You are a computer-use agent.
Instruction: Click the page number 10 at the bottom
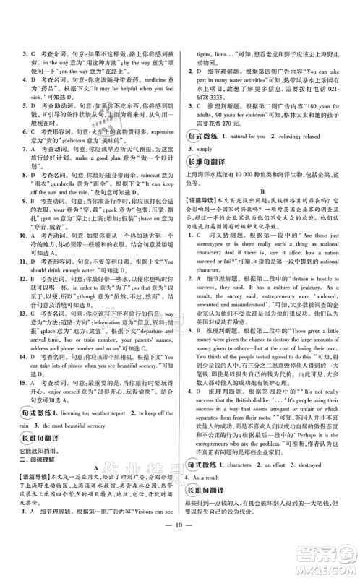click(180, 562)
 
